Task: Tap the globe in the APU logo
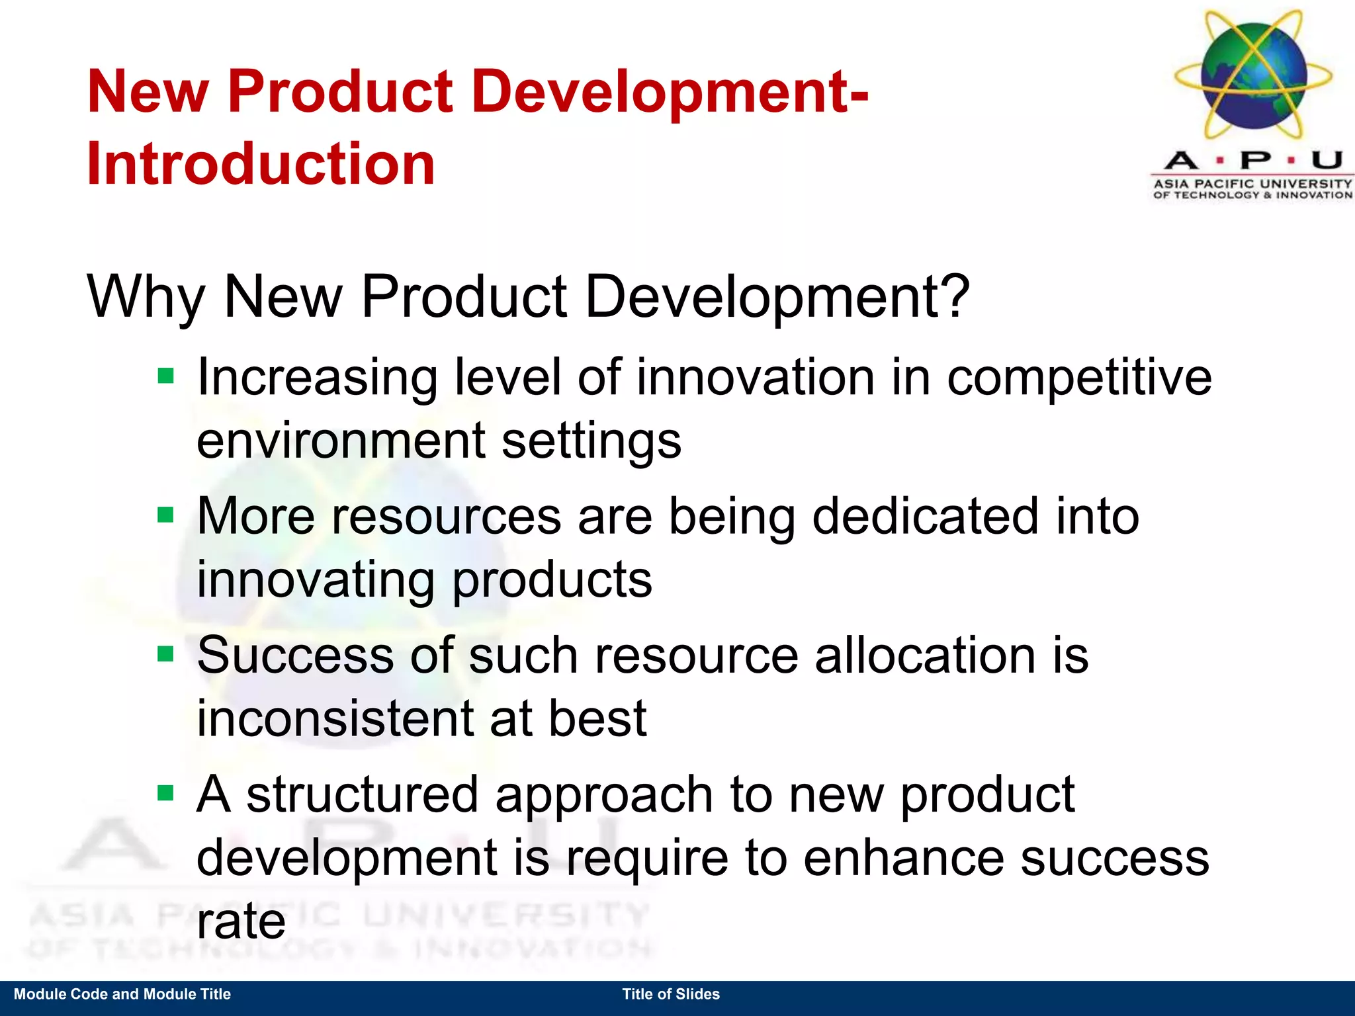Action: pos(1253,74)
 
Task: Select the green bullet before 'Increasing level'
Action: pos(165,376)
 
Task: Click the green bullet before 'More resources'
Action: pos(165,515)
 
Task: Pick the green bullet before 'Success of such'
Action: pos(165,654)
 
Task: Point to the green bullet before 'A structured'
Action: pos(165,792)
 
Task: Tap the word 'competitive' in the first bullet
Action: pos(1079,378)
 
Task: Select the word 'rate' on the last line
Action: pos(241,921)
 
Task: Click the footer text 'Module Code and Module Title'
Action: pos(122,994)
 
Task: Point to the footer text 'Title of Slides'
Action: pos(671,994)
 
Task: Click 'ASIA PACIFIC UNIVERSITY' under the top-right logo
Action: pos(1252,183)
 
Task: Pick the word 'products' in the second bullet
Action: pos(552,580)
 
